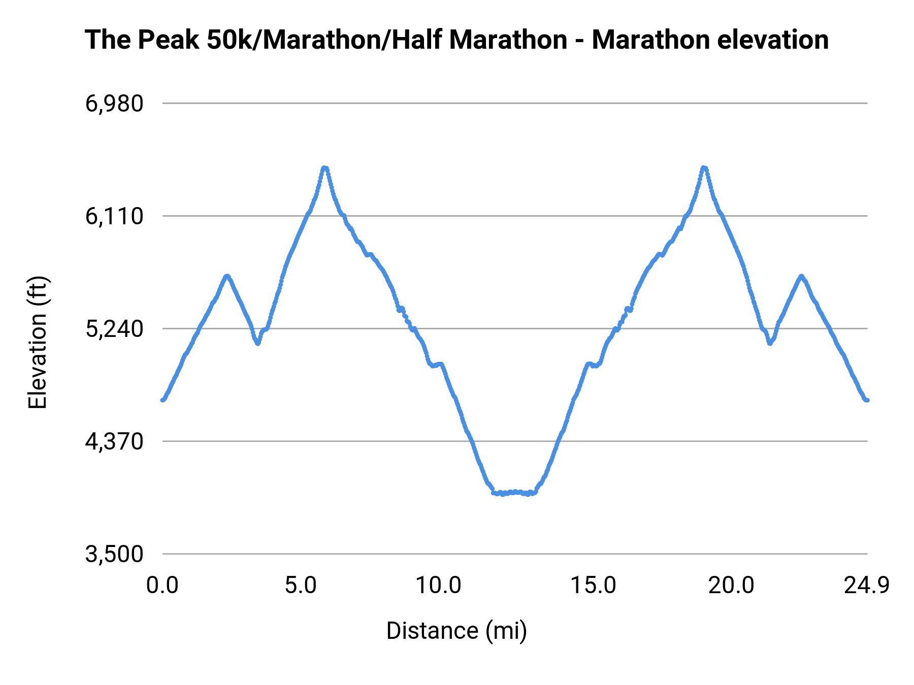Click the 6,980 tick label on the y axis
[x=114, y=104]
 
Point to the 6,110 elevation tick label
[x=114, y=217]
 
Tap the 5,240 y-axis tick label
[x=114, y=329]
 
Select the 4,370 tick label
[x=114, y=442]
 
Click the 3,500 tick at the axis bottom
[x=114, y=555]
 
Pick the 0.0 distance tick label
[x=162, y=586]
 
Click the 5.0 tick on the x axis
[x=301, y=586]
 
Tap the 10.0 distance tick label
[x=438, y=586]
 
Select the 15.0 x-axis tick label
[x=593, y=586]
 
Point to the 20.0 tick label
[x=731, y=586]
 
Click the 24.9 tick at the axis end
[x=867, y=586]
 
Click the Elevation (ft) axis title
[x=38, y=342]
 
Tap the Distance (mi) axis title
[x=456, y=631]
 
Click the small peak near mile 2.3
[x=227, y=276]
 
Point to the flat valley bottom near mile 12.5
[x=514, y=492]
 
